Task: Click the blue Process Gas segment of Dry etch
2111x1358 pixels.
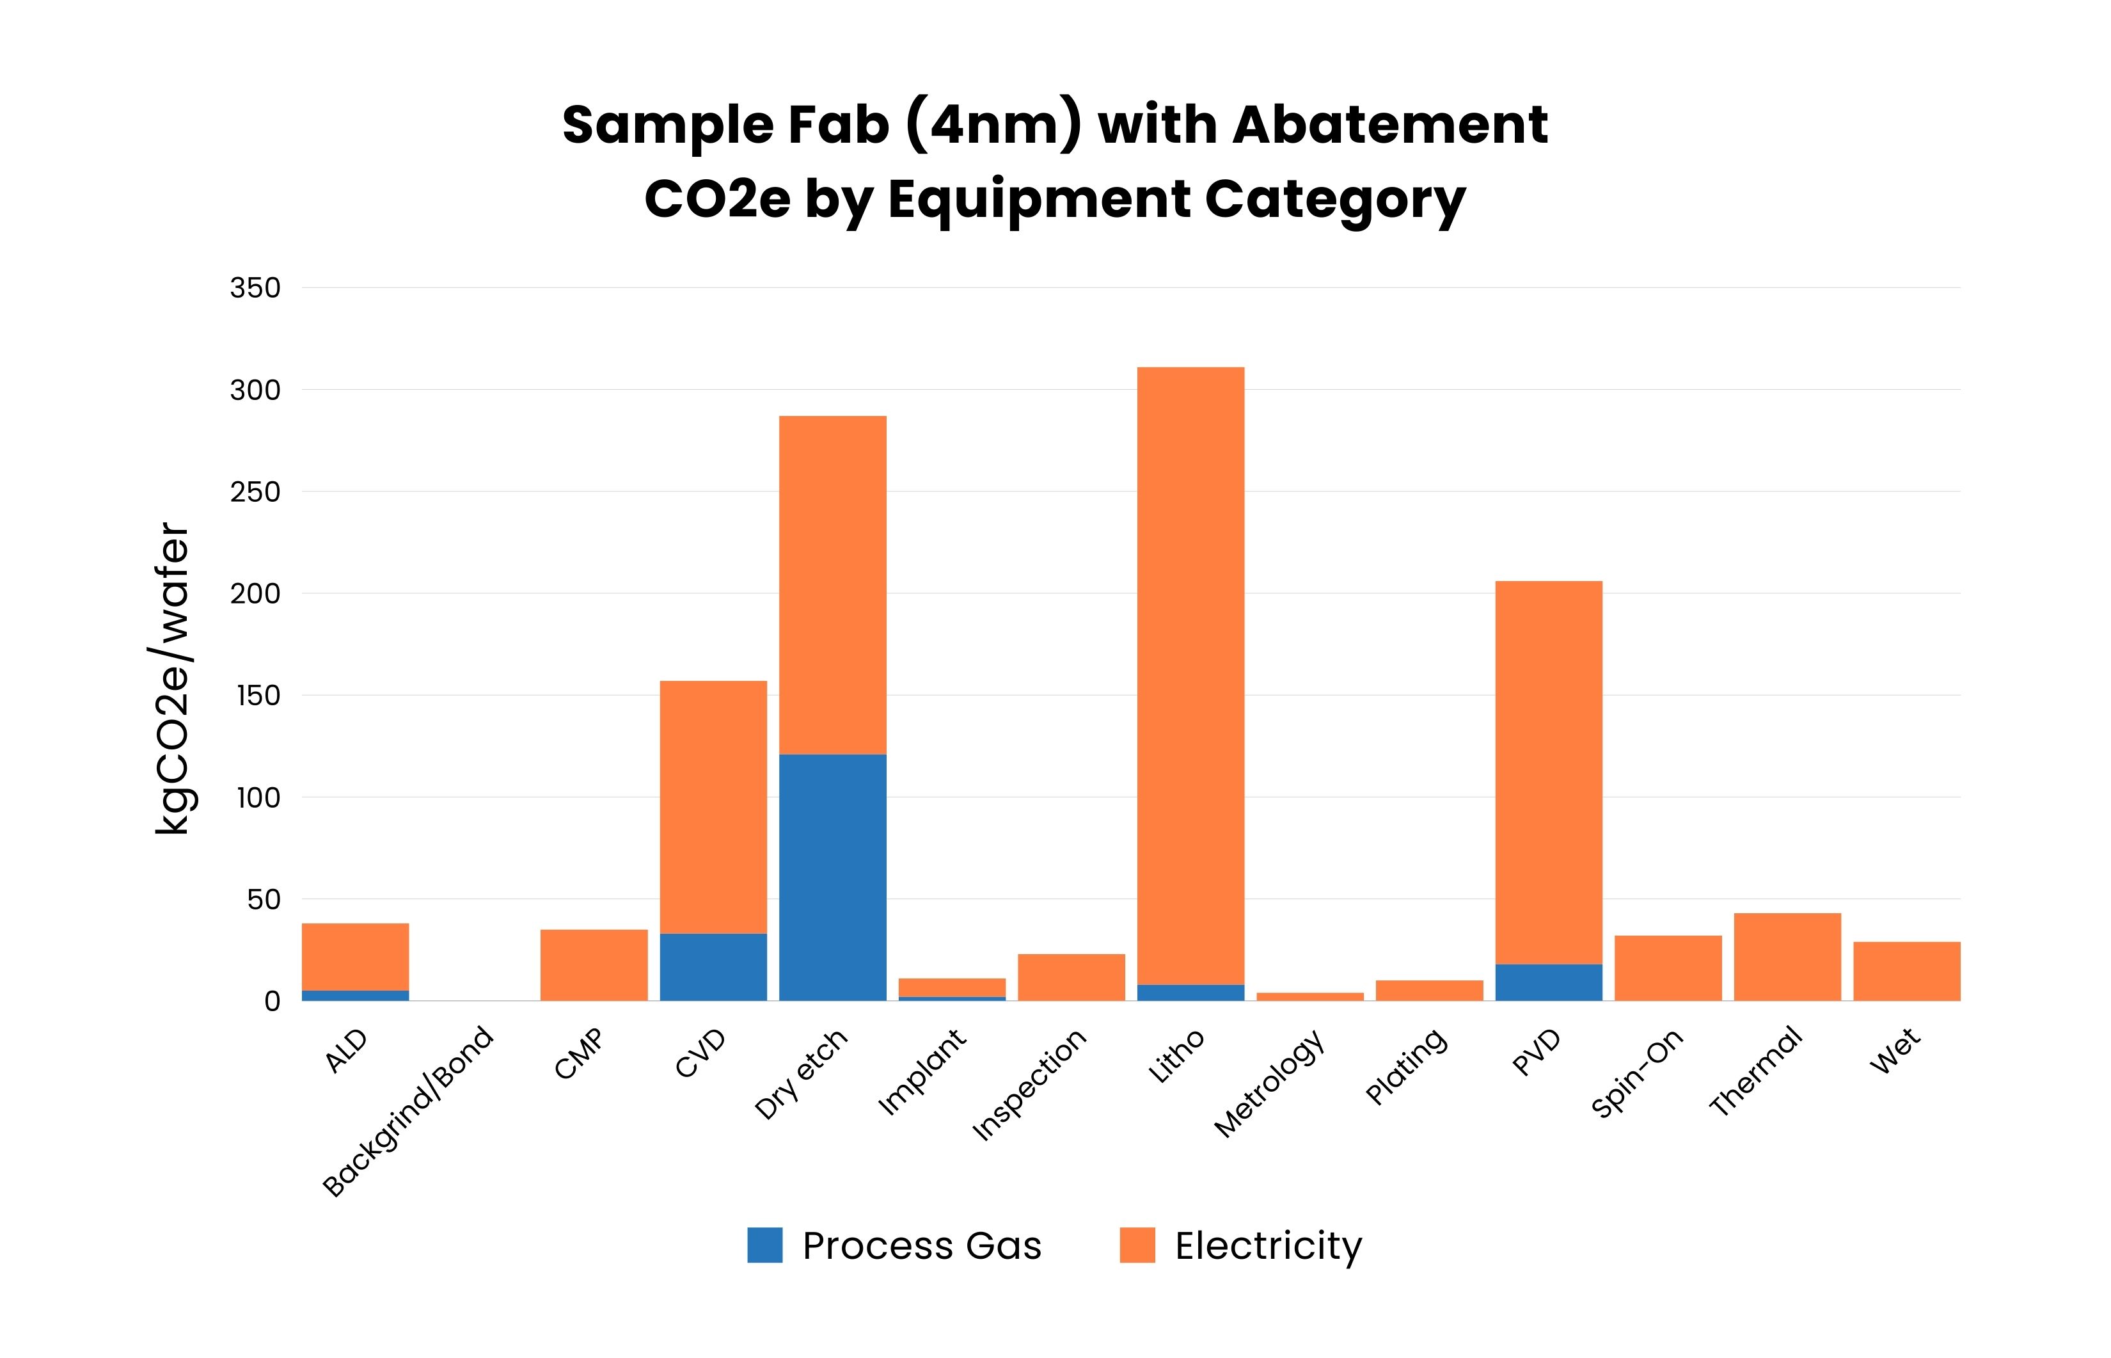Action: point(832,877)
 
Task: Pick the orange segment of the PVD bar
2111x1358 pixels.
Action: point(1548,772)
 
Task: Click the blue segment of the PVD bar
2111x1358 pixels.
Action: point(1548,982)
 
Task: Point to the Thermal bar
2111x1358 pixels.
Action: point(1787,957)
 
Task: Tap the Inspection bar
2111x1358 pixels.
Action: point(1071,977)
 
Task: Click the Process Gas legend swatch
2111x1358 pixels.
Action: point(764,1245)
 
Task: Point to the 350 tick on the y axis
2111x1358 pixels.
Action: point(255,287)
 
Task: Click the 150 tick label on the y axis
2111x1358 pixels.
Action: point(257,696)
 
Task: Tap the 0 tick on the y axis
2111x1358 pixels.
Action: point(271,1001)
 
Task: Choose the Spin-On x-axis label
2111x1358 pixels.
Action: point(1637,1073)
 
